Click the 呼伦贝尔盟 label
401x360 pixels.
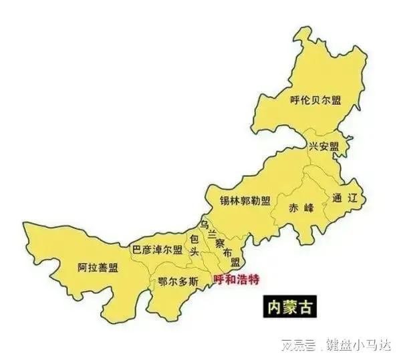[315, 101]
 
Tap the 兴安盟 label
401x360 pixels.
[323, 146]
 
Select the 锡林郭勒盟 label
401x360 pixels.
[245, 200]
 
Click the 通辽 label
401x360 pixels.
[345, 198]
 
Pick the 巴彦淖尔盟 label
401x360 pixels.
[157, 250]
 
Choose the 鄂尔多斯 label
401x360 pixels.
[178, 281]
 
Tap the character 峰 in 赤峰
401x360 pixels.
[307, 207]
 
